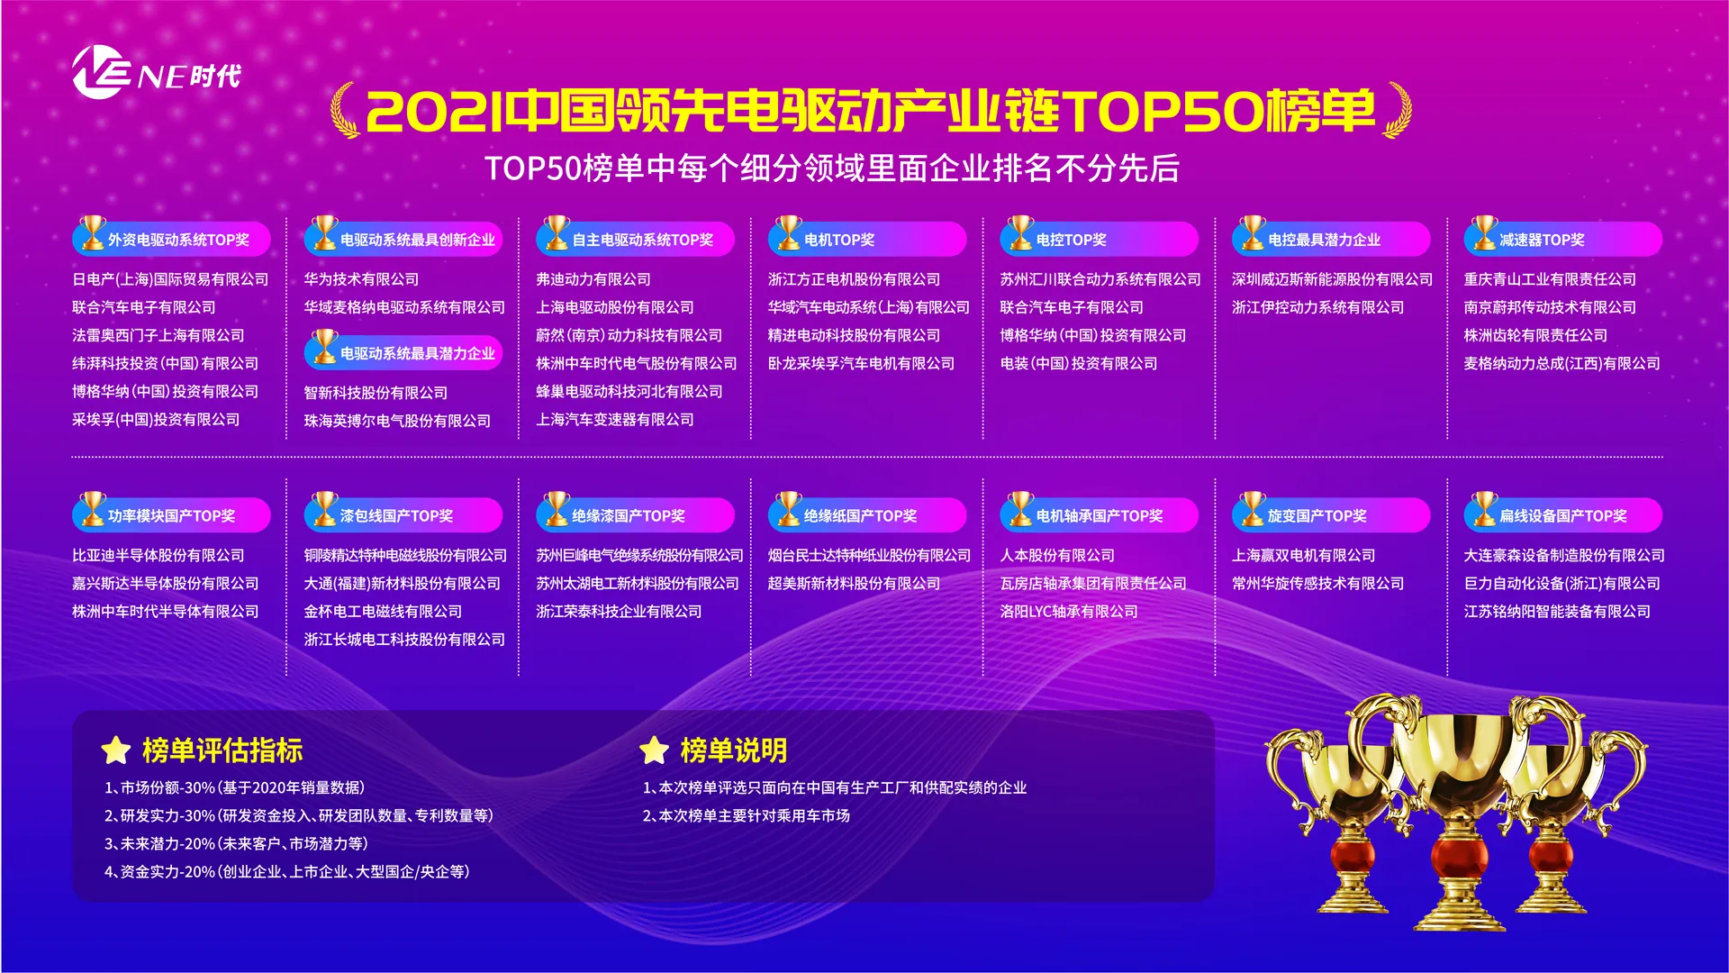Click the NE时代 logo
(x=156, y=72)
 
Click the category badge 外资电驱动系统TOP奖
(x=172, y=238)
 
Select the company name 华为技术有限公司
(x=361, y=279)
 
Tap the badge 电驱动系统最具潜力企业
(x=403, y=351)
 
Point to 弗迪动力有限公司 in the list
(x=593, y=279)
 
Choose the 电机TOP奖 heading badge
(x=867, y=238)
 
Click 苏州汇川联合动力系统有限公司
(x=1100, y=279)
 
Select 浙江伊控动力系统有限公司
(x=1318, y=307)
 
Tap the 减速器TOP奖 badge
(x=1563, y=238)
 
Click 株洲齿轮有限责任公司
(x=1535, y=335)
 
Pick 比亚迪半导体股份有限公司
(x=158, y=555)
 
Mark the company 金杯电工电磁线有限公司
(x=383, y=611)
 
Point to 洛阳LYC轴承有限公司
(x=1069, y=611)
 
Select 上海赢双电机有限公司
(x=1304, y=555)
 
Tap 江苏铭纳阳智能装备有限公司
(x=1557, y=611)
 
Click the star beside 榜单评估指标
(x=116, y=750)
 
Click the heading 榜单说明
(x=734, y=750)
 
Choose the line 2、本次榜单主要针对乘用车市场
(x=747, y=815)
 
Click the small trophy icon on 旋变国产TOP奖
(x=1252, y=508)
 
